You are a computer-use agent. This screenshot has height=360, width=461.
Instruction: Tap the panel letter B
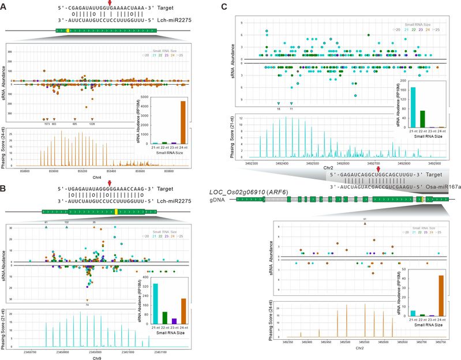tap(5, 187)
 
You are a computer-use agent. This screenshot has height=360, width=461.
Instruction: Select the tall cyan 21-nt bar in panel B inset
tap(155, 303)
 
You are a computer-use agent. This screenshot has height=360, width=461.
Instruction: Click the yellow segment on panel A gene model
tap(68, 29)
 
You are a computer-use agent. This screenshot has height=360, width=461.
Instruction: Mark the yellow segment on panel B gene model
tap(116, 212)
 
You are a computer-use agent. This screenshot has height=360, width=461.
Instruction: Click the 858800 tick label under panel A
tap(27, 171)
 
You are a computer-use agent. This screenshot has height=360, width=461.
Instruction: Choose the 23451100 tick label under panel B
tap(162, 350)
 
